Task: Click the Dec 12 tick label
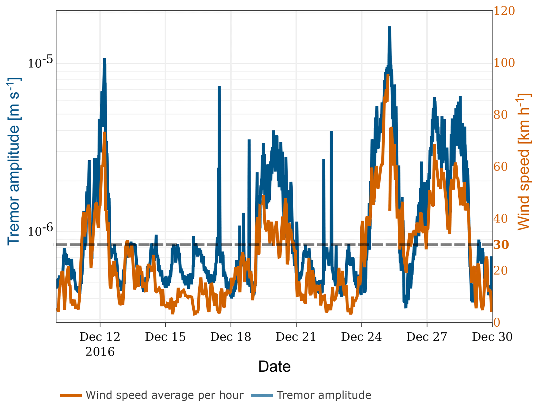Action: click(100, 337)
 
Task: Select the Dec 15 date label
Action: click(165, 337)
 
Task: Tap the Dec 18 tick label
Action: click(231, 337)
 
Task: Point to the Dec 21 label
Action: click(296, 337)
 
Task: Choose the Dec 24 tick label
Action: click(361, 337)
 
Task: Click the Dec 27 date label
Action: click(427, 337)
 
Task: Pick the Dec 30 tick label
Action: click(492, 337)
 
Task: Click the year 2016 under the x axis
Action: click(100, 352)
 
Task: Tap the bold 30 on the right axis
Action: click(501, 245)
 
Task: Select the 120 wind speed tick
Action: click(504, 11)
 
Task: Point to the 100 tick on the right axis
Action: click(504, 63)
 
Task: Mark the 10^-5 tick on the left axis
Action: click(40, 62)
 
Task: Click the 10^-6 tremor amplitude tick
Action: click(40, 230)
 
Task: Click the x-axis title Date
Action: click(274, 366)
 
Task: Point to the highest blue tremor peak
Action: click(389, 27)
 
